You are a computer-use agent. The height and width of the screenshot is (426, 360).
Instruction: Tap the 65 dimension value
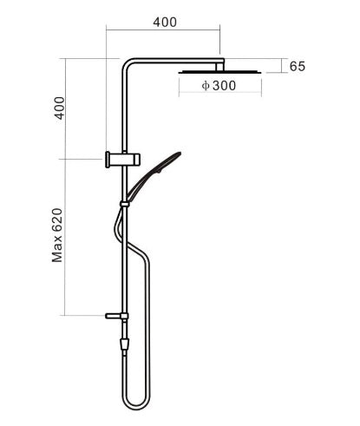298,66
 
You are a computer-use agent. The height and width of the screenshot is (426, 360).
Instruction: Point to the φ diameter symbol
206,87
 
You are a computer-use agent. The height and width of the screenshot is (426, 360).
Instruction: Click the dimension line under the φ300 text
220,95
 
